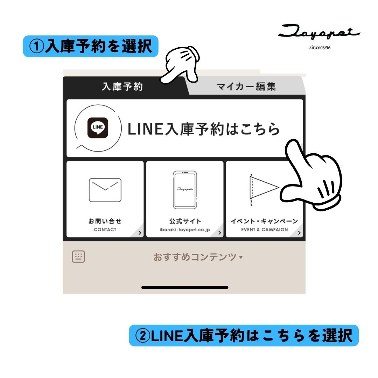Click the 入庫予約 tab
[122, 86]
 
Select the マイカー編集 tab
[246, 86]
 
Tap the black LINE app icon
[98, 128]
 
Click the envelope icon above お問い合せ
[105, 190]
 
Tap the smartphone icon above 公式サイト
[185, 190]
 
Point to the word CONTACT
[105, 230]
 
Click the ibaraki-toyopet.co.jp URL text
[185, 230]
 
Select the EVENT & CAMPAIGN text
[265, 230]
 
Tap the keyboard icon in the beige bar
[78, 257]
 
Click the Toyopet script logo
[319, 32]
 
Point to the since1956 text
[320, 48]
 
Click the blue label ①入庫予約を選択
[91, 46]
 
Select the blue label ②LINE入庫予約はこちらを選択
[244, 335]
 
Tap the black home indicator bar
[185, 287]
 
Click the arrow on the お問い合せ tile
[140, 233]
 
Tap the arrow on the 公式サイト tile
[219, 233]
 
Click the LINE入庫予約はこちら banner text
[203, 129]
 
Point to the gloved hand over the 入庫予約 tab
[181, 65]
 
